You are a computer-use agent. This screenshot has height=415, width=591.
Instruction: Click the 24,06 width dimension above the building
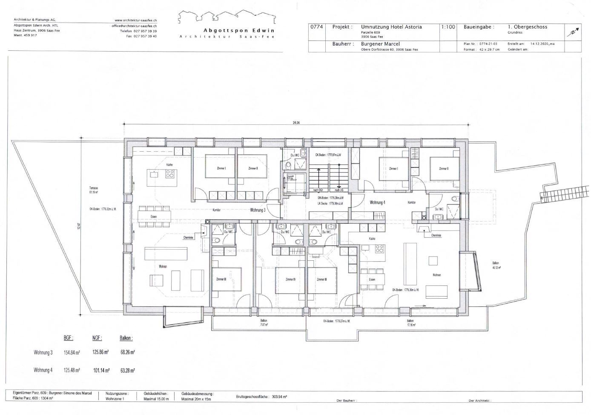tap(296, 123)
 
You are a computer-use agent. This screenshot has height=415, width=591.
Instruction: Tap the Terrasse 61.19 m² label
tap(94, 190)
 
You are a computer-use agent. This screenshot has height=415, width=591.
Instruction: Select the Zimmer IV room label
tap(291, 280)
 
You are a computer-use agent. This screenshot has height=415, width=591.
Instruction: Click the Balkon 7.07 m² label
tap(264, 323)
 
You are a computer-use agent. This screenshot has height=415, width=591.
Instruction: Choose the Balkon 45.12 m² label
tap(496, 265)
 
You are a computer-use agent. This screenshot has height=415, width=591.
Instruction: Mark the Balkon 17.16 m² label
tap(410, 323)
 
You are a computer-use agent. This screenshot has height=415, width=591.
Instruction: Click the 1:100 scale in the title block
tap(448, 27)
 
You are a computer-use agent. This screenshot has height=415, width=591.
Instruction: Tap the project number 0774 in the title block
tap(316, 27)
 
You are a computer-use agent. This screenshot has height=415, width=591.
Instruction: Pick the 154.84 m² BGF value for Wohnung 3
tap(72, 353)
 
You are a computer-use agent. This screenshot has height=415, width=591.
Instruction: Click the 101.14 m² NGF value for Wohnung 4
tap(101, 370)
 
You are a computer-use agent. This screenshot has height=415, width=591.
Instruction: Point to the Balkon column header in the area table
tap(126, 338)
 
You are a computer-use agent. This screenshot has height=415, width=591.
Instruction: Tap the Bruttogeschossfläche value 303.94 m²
tap(279, 396)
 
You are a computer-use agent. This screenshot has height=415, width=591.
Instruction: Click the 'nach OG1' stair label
tap(316, 190)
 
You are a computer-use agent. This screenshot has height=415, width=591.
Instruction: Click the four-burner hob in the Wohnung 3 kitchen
tap(170, 174)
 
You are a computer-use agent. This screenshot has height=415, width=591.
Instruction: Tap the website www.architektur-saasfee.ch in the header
tap(136, 20)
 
